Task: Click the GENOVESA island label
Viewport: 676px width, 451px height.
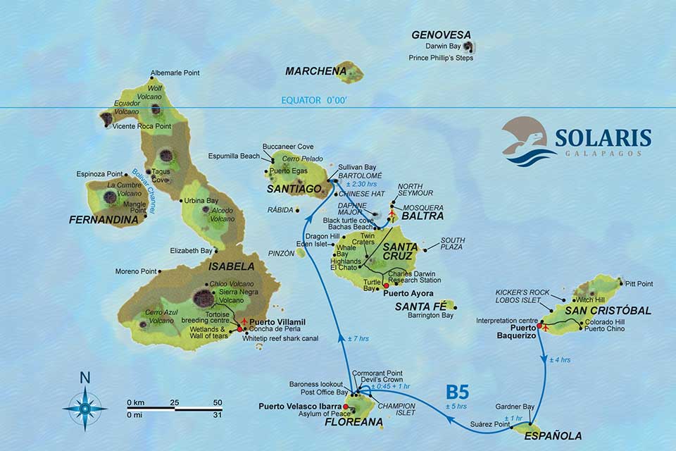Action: [x=441, y=35]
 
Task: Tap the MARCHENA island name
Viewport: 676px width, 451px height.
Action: [x=309, y=71]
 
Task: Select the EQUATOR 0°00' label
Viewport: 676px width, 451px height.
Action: [x=314, y=101]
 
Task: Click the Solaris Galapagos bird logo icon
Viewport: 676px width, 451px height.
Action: [x=526, y=141]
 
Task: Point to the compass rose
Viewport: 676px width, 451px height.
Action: [x=84, y=407]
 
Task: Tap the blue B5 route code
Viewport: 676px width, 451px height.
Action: [x=458, y=393]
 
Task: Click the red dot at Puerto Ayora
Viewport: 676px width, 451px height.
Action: [x=385, y=285]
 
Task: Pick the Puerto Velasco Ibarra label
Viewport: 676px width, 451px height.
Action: [x=299, y=406]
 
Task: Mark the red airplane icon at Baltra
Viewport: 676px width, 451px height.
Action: [x=392, y=213]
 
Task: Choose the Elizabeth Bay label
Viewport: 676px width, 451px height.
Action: [x=191, y=250]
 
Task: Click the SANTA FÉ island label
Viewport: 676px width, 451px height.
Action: [x=420, y=306]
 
